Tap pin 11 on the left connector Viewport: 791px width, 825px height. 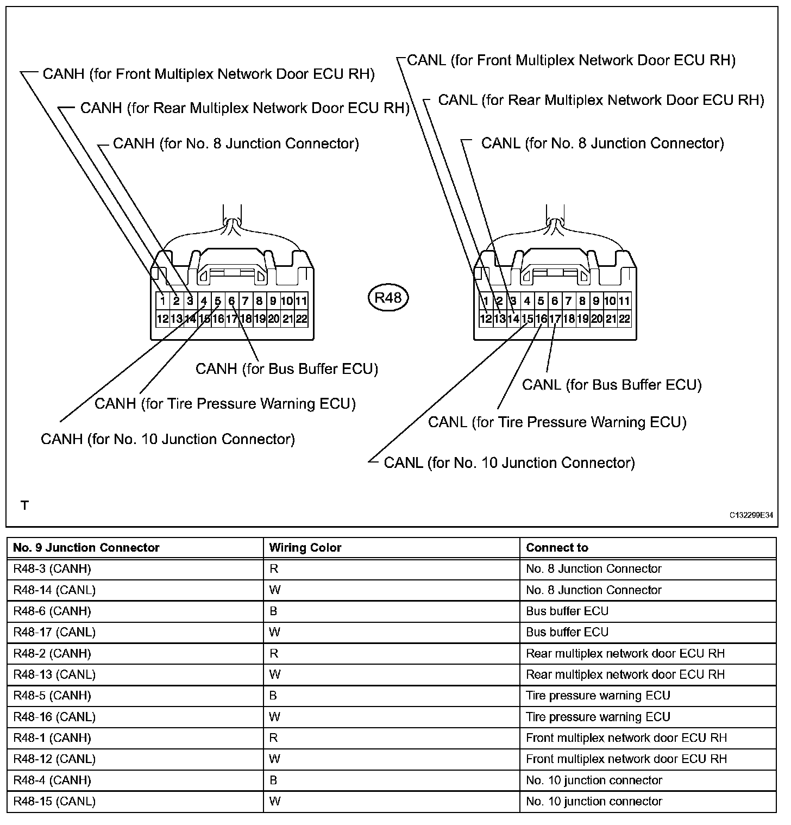301,301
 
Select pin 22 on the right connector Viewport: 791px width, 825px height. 625,319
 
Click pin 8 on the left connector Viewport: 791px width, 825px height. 259,301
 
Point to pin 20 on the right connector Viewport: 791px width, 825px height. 597,319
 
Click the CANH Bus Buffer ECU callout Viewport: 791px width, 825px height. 286,369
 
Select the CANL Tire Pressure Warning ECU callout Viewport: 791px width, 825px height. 557,422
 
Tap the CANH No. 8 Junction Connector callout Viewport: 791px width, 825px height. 236,143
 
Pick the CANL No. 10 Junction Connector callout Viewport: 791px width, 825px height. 509,463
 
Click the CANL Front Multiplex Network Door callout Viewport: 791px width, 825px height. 571,60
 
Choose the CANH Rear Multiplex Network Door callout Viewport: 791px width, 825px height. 244,108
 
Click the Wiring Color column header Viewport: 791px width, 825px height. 305,548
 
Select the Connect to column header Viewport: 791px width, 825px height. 557,548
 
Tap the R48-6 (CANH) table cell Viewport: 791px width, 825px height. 52,611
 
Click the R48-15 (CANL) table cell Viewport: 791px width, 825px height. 54,802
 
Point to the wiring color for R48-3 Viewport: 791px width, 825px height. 273,569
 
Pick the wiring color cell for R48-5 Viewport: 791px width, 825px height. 273,696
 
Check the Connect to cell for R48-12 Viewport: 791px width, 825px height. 626,759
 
